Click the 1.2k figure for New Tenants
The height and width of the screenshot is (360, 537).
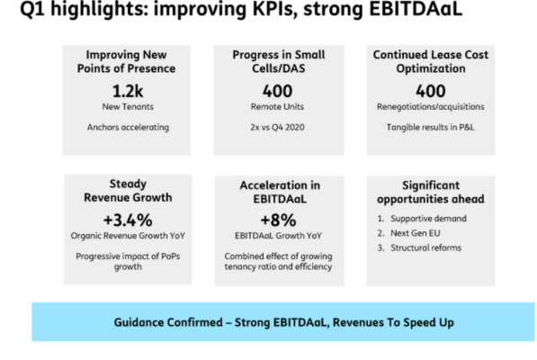pos(128,91)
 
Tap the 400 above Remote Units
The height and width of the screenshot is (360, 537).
pos(277,91)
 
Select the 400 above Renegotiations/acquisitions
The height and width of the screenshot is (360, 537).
pos(431,91)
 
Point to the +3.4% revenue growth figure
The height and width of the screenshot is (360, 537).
pos(128,220)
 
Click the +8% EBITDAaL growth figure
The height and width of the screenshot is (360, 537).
pos(278,220)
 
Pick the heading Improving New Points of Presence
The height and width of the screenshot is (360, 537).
pos(126,62)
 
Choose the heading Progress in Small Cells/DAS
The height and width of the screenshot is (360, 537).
pos(279,62)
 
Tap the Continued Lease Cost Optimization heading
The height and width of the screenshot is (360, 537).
pos(431,62)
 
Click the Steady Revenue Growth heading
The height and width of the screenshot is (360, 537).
pos(128,191)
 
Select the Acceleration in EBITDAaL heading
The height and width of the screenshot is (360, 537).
pos(280,193)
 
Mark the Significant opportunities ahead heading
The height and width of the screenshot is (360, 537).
pos(431,193)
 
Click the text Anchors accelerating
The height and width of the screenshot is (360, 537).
pos(128,128)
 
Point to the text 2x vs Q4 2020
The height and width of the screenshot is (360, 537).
pos(277,128)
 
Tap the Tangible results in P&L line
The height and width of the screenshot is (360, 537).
pos(431,128)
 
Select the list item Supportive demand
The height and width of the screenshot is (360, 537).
pos(428,219)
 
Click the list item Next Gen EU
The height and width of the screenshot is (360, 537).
pos(416,233)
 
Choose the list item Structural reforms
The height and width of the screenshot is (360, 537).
pos(426,247)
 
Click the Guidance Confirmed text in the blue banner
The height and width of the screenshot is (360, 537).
pos(284,322)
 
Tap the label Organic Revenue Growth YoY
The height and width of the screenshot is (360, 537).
pos(128,236)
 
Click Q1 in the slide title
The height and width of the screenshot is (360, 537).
pos(32,9)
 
